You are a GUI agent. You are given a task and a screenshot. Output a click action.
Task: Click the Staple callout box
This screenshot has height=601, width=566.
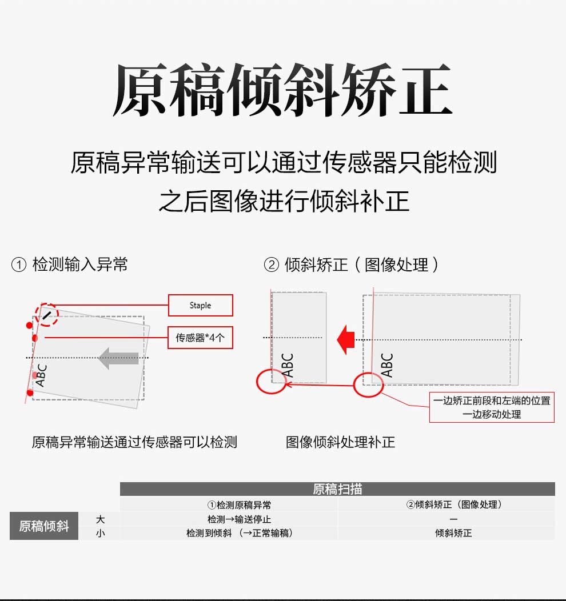click(x=201, y=305)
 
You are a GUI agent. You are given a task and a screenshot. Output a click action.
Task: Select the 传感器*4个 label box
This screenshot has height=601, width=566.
click(x=200, y=337)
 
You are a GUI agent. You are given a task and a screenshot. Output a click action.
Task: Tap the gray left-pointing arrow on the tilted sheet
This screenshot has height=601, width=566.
click(x=118, y=358)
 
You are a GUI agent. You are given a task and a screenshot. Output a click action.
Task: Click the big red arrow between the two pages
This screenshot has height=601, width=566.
click(x=346, y=339)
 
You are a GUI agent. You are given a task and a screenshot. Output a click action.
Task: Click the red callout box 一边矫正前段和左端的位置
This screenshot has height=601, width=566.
click(x=492, y=407)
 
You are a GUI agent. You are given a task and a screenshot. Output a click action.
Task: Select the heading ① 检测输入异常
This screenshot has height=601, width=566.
click(x=69, y=265)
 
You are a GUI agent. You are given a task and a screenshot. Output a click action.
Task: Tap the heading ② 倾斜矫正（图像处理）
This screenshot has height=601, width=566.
click(x=351, y=265)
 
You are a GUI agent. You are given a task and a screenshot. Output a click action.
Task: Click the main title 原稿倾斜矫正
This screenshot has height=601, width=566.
click(x=282, y=90)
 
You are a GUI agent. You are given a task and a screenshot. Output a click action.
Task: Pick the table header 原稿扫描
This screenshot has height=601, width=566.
click(x=337, y=489)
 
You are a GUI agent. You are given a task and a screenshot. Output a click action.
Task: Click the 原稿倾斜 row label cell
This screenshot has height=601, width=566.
click(x=44, y=526)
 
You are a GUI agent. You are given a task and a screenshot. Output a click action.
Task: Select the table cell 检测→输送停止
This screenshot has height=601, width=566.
click(x=240, y=519)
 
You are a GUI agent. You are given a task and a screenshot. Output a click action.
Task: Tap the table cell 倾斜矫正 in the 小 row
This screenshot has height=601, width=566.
click(x=453, y=533)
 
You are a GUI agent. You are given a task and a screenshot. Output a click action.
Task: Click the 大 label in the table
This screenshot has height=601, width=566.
click(x=100, y=519)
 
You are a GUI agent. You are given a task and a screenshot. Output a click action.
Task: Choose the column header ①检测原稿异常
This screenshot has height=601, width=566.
click(x=240, y=505)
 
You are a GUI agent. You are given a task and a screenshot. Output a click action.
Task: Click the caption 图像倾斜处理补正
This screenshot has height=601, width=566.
click(x=341, y=442)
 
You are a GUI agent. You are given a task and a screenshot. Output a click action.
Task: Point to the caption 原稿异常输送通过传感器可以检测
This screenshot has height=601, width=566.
click(x=134, y=442)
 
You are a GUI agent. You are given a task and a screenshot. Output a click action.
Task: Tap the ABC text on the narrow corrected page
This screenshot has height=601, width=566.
click(x=288, y=365)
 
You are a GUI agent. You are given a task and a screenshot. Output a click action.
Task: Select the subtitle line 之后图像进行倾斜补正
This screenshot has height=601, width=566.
click(x=284, y=201)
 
